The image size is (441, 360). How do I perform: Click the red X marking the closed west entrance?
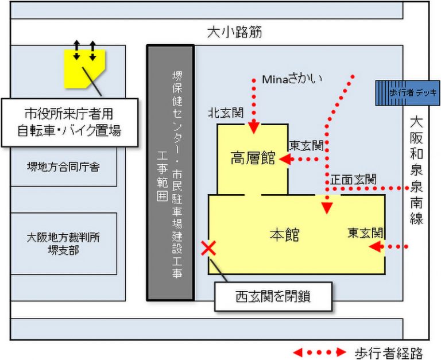coord(208,248)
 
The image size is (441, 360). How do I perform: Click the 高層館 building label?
coord(253,158)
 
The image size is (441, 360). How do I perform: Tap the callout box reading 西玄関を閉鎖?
coord(273,297)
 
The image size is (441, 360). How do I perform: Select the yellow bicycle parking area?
coord(84,67)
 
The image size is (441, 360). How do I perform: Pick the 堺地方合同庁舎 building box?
coord(64,167)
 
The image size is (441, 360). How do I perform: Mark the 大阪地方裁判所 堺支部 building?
coord(64,243)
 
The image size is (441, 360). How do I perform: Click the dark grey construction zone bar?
coord(170,172)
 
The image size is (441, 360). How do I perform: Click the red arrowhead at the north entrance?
coord(253,127)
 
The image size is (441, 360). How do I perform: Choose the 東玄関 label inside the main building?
coord(365,233)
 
